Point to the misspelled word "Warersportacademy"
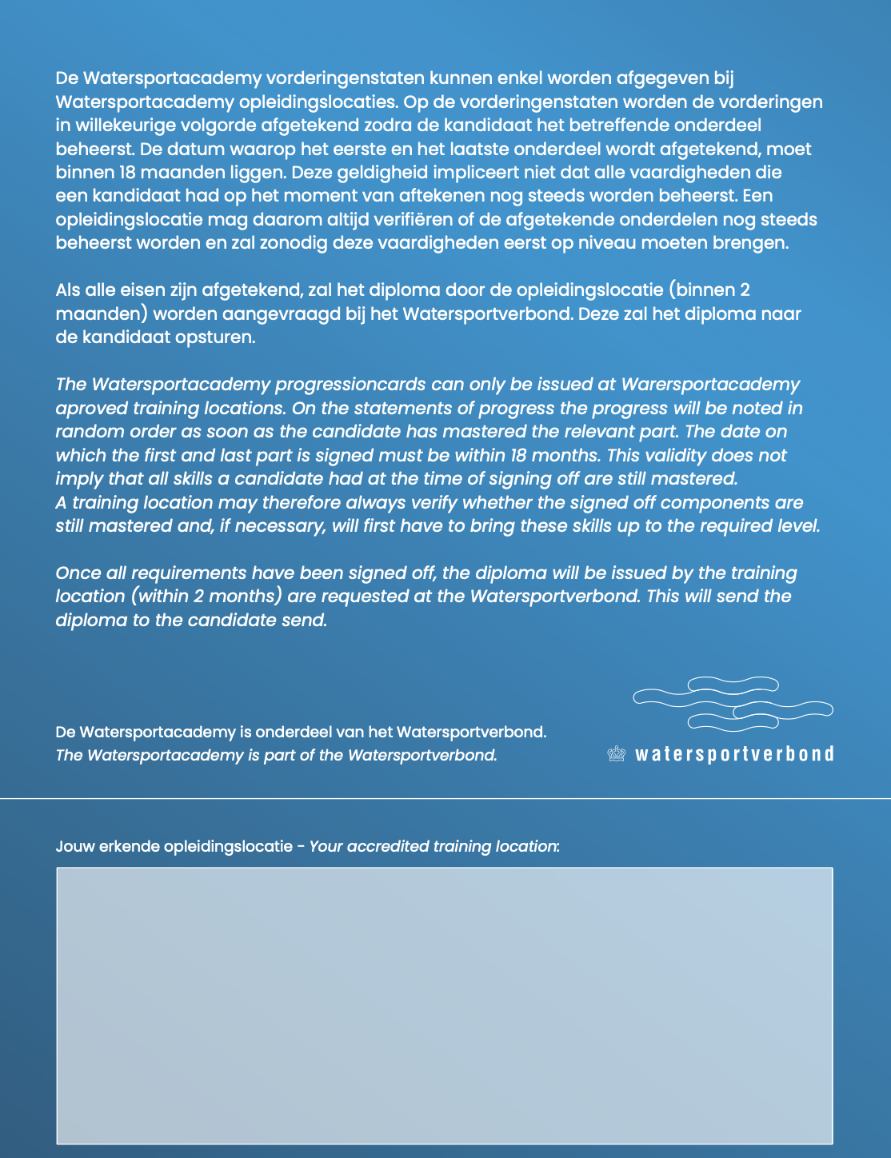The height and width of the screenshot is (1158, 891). click(x=710, y=385)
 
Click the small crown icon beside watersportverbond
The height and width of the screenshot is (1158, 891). click(x=616, y=754)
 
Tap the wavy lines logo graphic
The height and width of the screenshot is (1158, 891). click(x=733, y=704)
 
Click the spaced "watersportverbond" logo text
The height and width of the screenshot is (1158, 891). click(x=734, y=754)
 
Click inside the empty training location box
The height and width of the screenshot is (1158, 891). click(x=445, y=1005)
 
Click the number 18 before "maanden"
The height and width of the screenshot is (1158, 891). click(x=125, y=173)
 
